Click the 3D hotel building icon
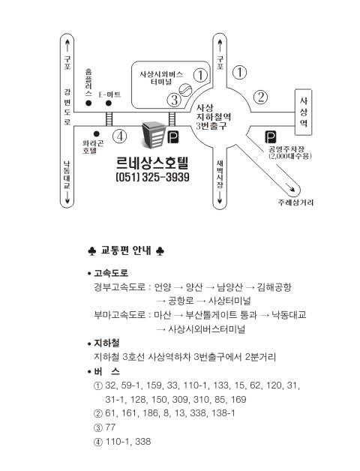click(x=153, y=135)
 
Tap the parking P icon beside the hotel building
click(x=172, y=137)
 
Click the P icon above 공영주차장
click(x=271, y=137)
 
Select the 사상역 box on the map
click(x=303, y=112)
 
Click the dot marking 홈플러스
click(x=88, y=103)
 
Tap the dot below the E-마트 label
click(x=109, y=103)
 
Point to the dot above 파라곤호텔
click(x=97, y=133)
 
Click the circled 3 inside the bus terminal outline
click(x=174, y=100)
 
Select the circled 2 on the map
click(x=260, y=97)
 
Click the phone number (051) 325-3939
click(x=153, y=177)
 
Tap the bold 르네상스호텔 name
click(x=152, y=163)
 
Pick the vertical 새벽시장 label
click(x=220, y=174)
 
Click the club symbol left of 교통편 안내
click(x=92, y=251)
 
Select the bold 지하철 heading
click(x=106, y=343)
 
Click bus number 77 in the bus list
click(x=110, y=427)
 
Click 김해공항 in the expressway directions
click(x=274, y=287)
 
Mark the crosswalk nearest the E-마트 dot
click(x=109, y=119)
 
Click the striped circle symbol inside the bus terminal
click(x=185, y=89)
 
